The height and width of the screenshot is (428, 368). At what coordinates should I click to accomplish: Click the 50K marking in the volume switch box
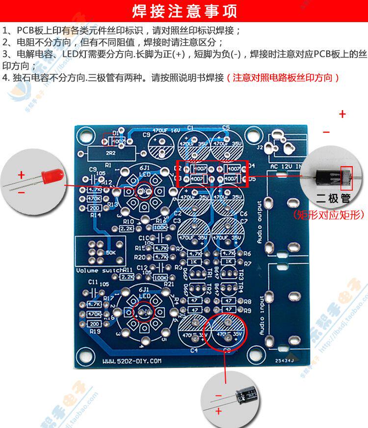[111, 252]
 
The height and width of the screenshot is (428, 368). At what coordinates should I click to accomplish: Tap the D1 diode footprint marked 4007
[114, 140]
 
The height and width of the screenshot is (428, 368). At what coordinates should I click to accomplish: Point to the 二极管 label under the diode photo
[333, 199]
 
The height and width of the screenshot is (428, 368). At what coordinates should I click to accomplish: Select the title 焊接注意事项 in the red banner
[184, 11]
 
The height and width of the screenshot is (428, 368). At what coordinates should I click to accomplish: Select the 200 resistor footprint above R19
[94, 324]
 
